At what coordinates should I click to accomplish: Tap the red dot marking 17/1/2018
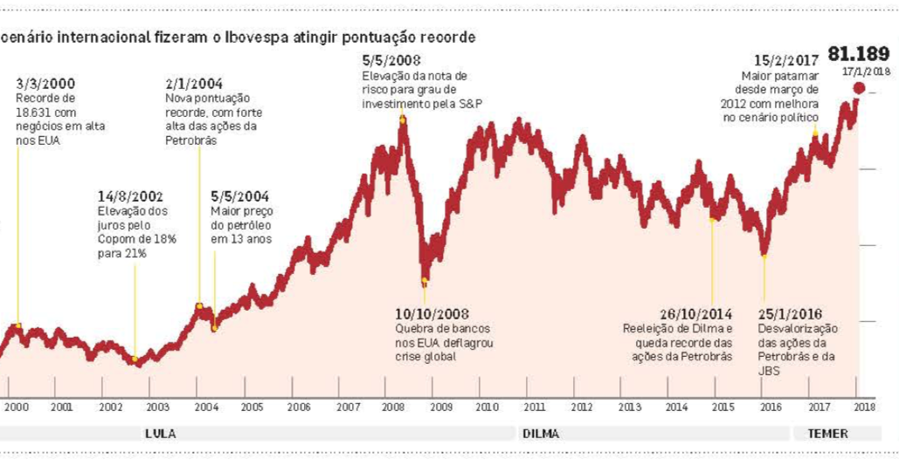[860, 88]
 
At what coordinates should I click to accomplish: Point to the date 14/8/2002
[131, 197]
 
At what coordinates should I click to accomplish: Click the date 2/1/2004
[191, 84]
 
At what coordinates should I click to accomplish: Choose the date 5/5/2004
[238, 197]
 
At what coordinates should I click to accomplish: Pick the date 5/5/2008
[391, 61]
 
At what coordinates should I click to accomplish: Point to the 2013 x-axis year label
[629, 408]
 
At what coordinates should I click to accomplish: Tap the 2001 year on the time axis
[61, 408]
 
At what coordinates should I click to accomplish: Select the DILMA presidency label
[540, 434]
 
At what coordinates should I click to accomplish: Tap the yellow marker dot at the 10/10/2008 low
[425, 281]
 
